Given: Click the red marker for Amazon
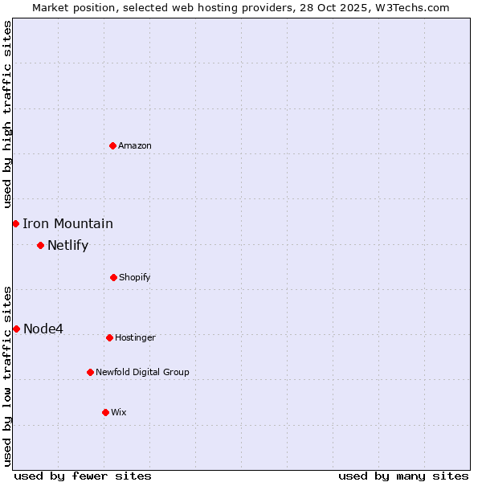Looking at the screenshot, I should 112,145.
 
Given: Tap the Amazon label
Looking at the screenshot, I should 135,145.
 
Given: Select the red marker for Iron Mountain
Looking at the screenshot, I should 15,223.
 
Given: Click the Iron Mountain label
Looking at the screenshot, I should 67,224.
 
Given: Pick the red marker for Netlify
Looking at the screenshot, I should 40,245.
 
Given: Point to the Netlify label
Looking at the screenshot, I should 67,246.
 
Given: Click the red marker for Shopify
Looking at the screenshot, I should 113,277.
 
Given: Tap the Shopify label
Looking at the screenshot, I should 134,278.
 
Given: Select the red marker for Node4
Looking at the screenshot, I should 16,329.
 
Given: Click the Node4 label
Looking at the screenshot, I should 43,329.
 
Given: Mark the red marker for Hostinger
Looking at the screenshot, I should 109,337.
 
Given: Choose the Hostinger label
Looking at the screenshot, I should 135,338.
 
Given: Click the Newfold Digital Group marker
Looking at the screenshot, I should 90,372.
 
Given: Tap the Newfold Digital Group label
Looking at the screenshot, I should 142,373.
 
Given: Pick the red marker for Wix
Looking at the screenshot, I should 105,412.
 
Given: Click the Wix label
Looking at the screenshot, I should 119,413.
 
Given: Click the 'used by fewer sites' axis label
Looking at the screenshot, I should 83,476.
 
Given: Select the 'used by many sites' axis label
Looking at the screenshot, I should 403,476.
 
